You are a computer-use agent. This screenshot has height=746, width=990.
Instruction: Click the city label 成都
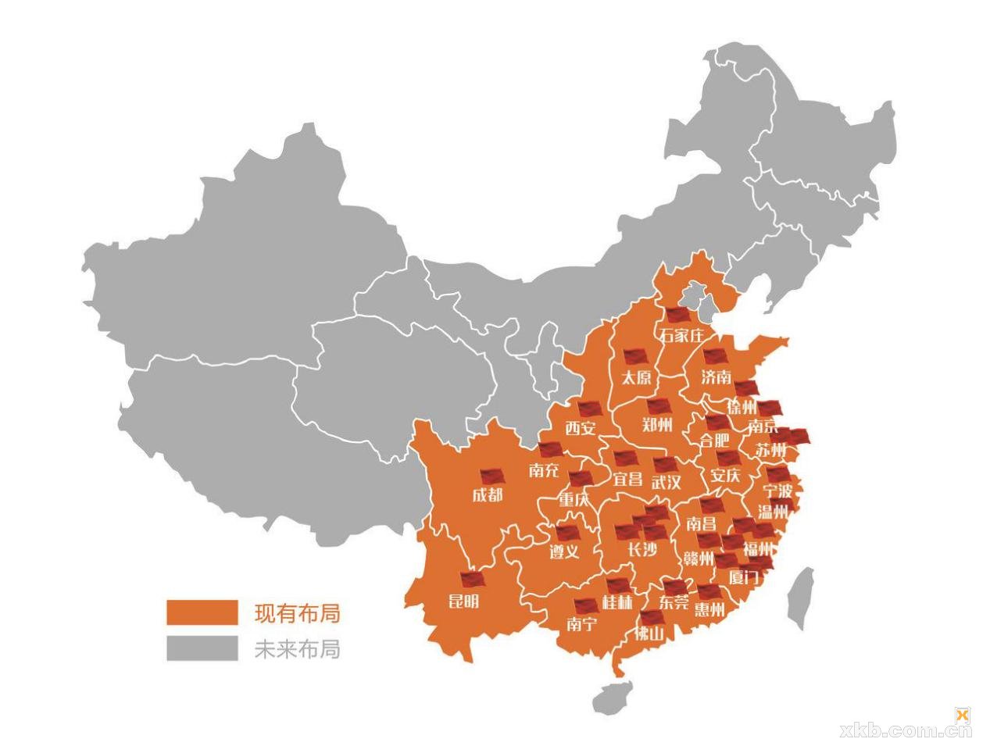(x=488, y=494)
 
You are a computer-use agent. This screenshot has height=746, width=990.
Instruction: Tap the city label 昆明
(x=463, y=600)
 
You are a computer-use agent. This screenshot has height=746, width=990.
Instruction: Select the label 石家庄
(x=682, y=335)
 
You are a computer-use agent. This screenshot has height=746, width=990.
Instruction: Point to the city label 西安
(x=581, y=427)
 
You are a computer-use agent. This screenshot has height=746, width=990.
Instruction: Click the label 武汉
(x=667, y=482)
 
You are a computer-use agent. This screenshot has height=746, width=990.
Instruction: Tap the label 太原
(x=637, y=377)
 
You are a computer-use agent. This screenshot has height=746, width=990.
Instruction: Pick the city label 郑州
(x=657, y=425)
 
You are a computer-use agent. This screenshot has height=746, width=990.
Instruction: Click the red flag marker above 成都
(x=491, y=476)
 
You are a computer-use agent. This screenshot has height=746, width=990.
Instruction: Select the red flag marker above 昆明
(x=472, y=580)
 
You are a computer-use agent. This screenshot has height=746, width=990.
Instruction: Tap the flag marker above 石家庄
(x=677, y=315)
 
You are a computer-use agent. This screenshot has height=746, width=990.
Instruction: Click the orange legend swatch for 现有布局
(x=202, y=612)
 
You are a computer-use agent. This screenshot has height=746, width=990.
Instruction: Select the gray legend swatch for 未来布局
(x=202, y=648)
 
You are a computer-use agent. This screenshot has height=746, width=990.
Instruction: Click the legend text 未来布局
(x=297, y=648)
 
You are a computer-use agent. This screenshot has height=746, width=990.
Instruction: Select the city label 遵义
(x=564, y=551)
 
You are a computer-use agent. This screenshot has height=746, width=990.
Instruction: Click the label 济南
(x=716, y=377)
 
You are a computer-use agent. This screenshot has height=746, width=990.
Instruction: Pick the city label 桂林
(x=617, y=602)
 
